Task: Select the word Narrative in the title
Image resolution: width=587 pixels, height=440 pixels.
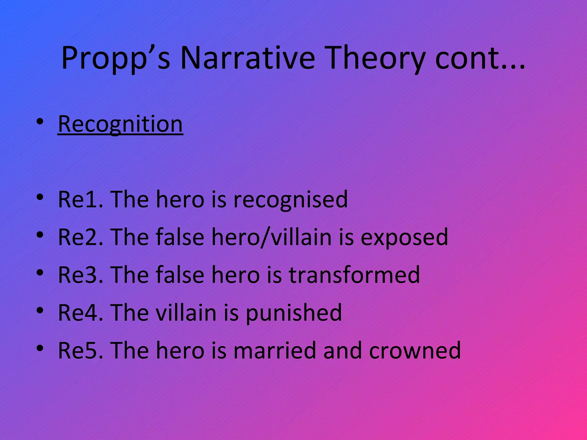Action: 248,58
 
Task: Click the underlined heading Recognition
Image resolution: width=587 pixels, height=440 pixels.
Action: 120,124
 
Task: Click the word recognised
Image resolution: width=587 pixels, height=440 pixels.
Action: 291,199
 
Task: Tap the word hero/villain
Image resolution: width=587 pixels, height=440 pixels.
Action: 271,237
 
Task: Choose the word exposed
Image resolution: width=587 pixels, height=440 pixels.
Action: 404,237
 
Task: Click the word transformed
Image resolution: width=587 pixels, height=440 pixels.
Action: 354,275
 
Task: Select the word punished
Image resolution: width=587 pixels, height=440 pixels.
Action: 294,313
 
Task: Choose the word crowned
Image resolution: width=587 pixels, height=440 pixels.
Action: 415,350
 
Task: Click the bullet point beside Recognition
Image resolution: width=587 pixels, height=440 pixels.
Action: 40,122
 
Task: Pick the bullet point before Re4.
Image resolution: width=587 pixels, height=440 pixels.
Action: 40,310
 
